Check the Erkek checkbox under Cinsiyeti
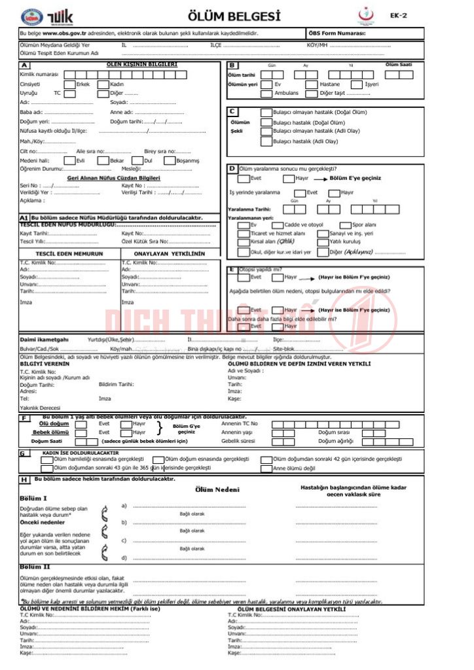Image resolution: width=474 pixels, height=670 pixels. point(69,84)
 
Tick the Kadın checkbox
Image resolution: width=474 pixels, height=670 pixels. point(103,84)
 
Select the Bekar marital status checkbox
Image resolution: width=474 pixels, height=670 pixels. point(103,160)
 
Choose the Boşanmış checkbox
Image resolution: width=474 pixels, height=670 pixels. point(169,160)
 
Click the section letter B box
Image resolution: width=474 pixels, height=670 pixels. point(232,65)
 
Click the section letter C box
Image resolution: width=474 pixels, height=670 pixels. point(232,112)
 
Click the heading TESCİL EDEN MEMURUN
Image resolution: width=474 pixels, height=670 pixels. point(68,253)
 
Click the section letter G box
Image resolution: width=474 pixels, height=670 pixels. point(23,452)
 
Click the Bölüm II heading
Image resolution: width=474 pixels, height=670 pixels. point(32,567)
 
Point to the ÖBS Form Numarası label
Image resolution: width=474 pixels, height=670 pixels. point(337,33)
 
